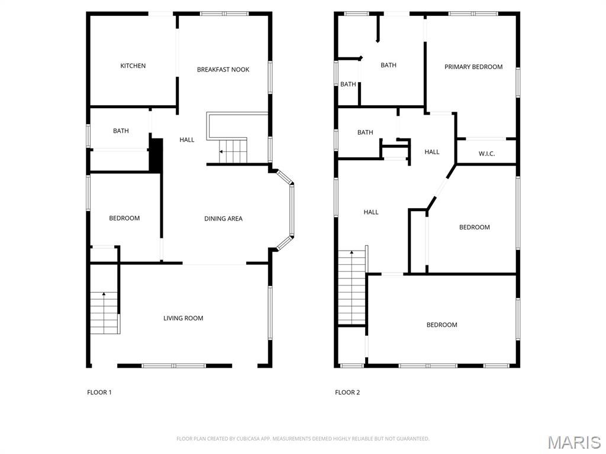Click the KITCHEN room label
pos(133,66)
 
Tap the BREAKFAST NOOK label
pos(223,70)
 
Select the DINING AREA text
pos(223,219)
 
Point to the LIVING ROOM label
pos(183,318)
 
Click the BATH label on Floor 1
pos(121,131)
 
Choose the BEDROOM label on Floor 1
pos(124,218)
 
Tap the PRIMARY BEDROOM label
pos(473,67)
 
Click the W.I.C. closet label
pos(486,154)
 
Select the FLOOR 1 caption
pos(99,392)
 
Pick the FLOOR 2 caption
pos(347,392)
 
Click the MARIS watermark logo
pos(573,442)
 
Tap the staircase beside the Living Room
pos(104,313)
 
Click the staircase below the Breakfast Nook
pos(233,151)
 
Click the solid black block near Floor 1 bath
pos(155,155)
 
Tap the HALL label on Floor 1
pos(187,140)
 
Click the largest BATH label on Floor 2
pos(388,65)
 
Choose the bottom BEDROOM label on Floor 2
pos(441,325)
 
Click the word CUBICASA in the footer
pos(244,439)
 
